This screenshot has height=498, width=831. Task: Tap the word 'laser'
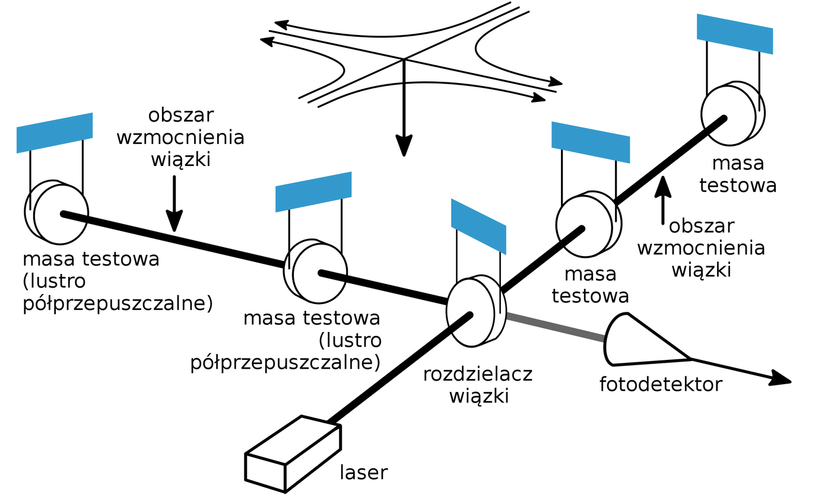[363, 473]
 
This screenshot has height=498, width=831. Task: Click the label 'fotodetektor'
[660, 385]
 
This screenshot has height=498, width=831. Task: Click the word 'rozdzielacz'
[477, 375]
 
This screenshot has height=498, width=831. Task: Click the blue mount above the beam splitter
[478, 226]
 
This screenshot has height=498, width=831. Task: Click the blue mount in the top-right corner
[735, 33]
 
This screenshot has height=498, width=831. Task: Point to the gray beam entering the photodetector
[556, 327]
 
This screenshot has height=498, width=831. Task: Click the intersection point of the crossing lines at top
[404, 59]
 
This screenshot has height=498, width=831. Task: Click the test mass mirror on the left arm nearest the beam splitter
[316, 272]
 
